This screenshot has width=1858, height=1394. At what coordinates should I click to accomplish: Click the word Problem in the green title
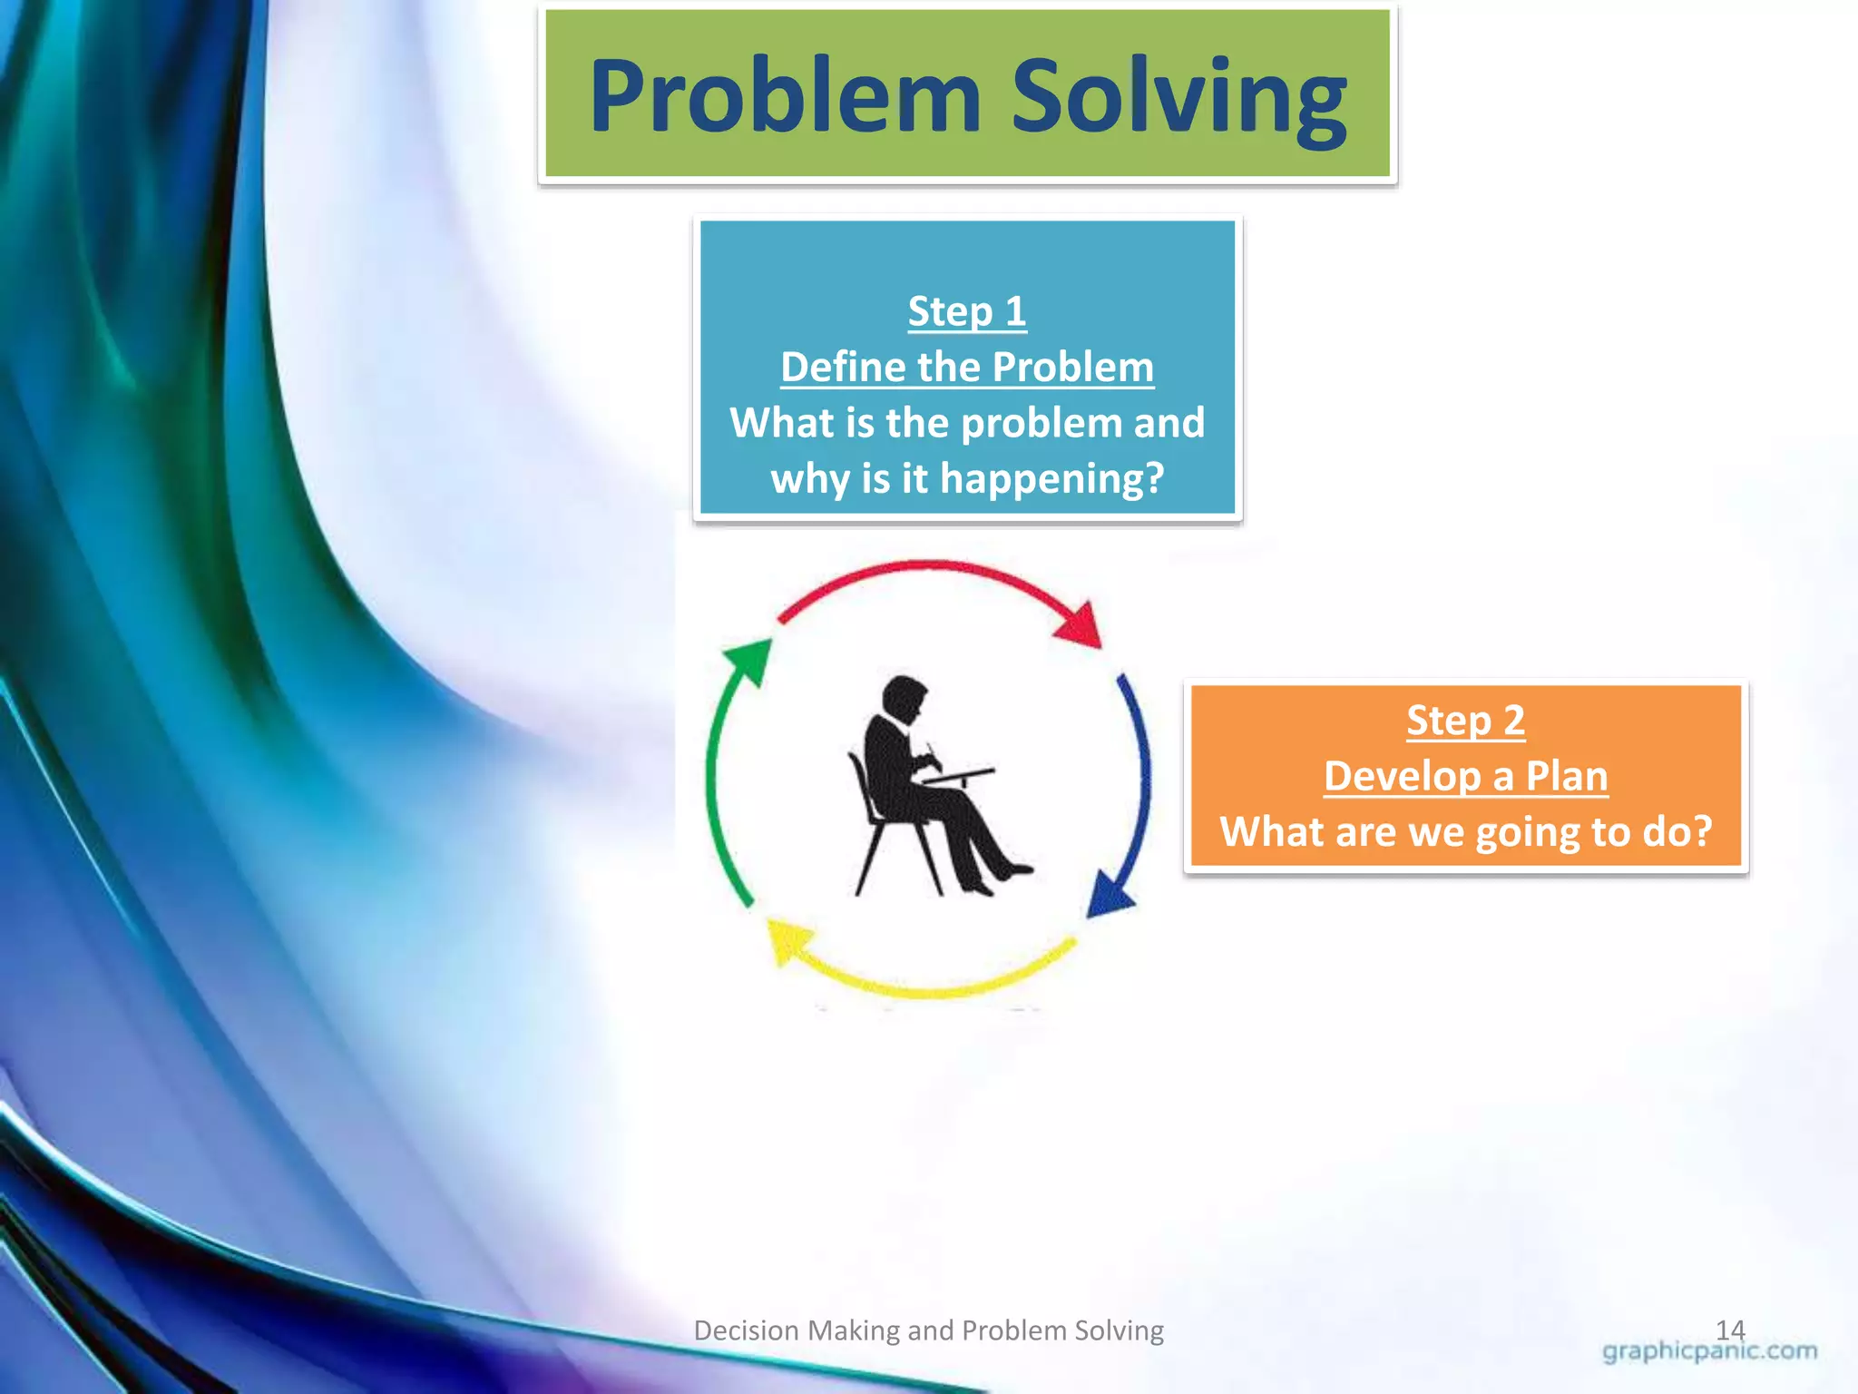(785, 97)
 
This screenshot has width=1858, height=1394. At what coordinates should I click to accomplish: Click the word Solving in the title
(1178, 97)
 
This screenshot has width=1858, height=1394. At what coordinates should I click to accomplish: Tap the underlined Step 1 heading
(967, 311)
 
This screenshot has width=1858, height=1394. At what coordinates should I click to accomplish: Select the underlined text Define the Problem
(967, 368)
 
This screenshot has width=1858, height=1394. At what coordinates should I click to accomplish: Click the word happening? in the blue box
(1051, 479)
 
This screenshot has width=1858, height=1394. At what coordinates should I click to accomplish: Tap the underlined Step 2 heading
(1465, 721)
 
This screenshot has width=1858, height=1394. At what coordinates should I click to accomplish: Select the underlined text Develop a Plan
(1465, 777)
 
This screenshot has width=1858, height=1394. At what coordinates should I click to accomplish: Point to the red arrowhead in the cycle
(1081, 625)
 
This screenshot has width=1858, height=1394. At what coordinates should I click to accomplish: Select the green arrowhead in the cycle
(749, 659)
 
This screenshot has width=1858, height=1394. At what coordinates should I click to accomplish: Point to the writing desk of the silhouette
(957, 776)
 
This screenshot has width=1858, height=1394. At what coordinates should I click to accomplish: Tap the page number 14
(1730, 1330)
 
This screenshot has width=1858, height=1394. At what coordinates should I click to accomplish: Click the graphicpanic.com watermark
(1709, 1351)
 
